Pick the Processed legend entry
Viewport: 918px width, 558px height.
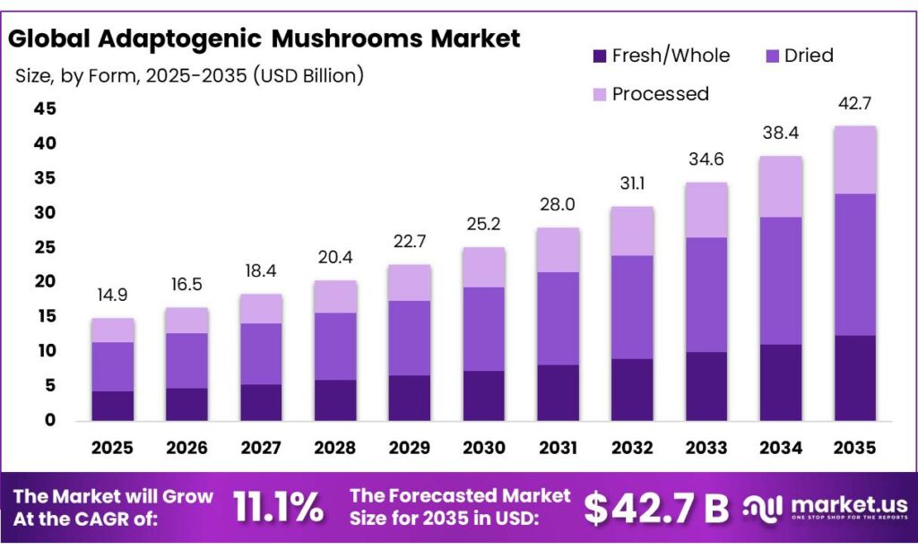660,94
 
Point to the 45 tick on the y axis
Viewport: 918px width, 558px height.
44,109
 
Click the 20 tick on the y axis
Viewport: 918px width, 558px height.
44,282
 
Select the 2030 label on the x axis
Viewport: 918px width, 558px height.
483,447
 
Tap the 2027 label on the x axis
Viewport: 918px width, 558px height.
261,447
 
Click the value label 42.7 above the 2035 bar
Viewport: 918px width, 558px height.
854,104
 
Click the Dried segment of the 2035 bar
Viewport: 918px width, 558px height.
854,264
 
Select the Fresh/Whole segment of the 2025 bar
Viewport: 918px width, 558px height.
112,406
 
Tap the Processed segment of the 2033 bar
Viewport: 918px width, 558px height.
706,210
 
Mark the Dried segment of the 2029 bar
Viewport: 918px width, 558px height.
409,338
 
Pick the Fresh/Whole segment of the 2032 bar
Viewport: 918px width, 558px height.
632,390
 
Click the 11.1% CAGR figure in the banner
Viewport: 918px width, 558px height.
279,508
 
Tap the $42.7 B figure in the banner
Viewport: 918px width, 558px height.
656,508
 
